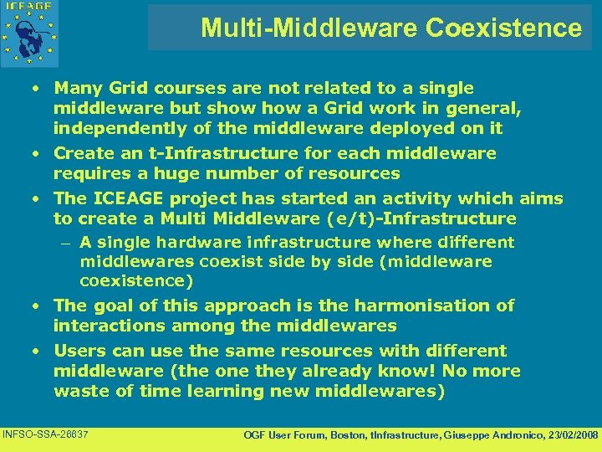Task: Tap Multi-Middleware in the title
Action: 309,28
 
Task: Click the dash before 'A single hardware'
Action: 65,243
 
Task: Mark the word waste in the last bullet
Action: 80,391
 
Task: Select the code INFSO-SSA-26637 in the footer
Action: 47,434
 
